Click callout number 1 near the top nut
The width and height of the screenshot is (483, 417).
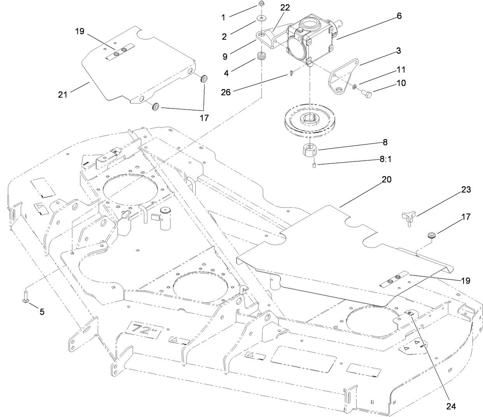[x=223, y=18]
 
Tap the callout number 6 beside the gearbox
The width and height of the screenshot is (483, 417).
[x=399, y=16]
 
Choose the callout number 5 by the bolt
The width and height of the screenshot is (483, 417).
[x=42, y=312]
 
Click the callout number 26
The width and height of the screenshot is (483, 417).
[x=226, y=92]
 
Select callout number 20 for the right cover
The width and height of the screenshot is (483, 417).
[x=387, y=180]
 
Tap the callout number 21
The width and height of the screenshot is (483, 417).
[x=63, y=94]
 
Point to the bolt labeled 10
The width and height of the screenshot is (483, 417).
[x=368, y=93]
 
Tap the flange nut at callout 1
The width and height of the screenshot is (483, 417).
[x=262, y=5]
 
